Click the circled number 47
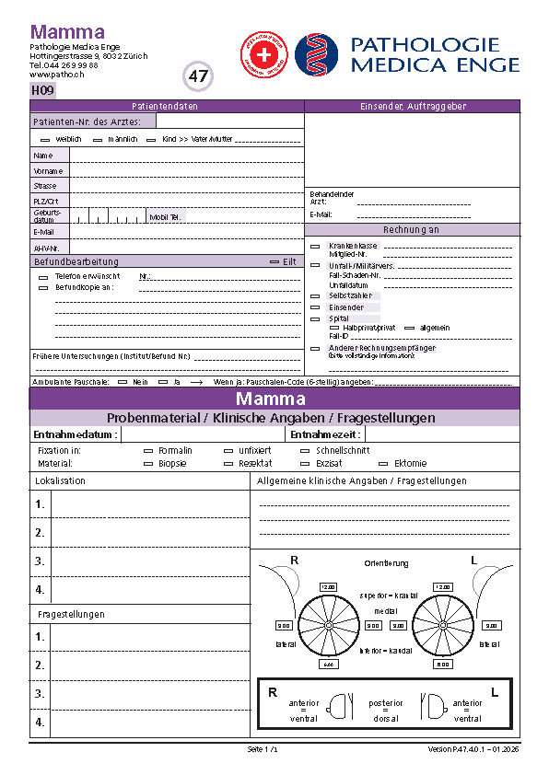[x=198, y=76]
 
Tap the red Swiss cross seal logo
[x=263, y=52]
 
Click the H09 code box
[x=43, y=90]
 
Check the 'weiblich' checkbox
[x=45, y=139]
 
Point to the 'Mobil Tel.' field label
[x=166, y=217]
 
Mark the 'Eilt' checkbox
[x=274, y=261]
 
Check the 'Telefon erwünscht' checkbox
[x=43, y=276]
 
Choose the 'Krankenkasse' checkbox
[x=315, y=247]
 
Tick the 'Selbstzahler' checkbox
[x=315, y=295]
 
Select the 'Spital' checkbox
[x=315, y=318]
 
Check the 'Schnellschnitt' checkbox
[x=306, y=451]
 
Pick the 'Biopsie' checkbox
[x=148, y=464]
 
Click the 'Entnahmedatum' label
[x=75, y=434]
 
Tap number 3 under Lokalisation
[x=40, y=561]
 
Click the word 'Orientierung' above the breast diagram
[x=385, y=563]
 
